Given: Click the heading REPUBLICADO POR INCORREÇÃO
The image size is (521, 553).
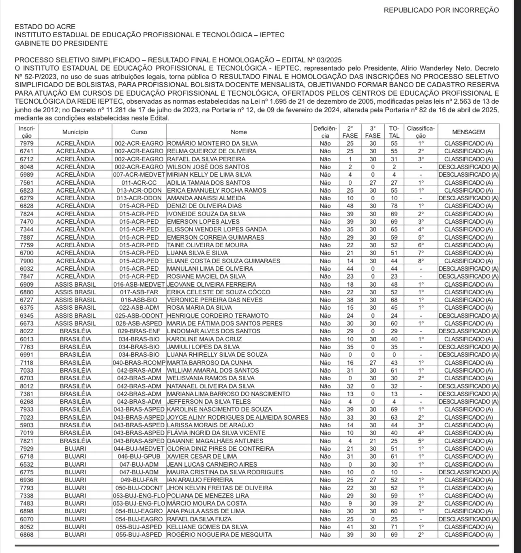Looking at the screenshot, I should point(441,10).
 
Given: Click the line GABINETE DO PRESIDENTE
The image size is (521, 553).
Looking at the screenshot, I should point(61,43).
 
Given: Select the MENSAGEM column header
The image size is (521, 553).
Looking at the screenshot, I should point(468,132).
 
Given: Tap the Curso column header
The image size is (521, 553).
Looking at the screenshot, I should point(139,132).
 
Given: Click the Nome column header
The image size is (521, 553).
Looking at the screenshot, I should point(239,132).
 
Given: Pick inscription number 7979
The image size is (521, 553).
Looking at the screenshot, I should point(27,143).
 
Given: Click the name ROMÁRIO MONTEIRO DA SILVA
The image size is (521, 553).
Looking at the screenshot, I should point(212,143).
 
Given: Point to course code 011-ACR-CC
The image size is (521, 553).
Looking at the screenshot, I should point(139,182).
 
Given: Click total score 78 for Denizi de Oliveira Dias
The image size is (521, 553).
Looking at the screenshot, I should point(394,206).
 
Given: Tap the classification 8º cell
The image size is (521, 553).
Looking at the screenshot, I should point(421,261).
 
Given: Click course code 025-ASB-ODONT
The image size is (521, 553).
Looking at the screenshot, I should point(139,315).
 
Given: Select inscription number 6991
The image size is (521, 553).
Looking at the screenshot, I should point(27,355).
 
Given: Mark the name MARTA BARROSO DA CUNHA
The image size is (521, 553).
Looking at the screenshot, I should point(209,362).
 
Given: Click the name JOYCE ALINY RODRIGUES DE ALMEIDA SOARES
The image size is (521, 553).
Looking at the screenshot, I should point(238,417).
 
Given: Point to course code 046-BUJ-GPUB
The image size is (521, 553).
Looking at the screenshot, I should point(139,457).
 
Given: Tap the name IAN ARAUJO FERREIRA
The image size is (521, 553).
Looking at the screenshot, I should point(200,480).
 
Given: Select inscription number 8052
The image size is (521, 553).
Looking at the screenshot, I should point(27,527).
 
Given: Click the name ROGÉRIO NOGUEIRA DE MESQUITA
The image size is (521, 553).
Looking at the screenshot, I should point(219,535).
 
